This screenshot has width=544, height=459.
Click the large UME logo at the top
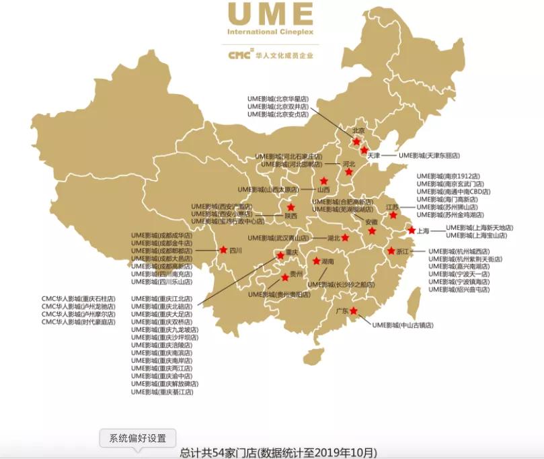270,14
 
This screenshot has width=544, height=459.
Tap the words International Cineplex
270,32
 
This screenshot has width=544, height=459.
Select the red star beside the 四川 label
223,250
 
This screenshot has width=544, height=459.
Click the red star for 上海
412,230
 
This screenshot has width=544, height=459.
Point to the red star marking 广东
354,310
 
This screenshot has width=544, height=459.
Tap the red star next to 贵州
285,277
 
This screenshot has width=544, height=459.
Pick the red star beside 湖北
345,237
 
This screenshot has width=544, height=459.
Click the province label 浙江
402,251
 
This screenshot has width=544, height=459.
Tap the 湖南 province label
328,261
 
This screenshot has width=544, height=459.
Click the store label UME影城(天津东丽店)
429,155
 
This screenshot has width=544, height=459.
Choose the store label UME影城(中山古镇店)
403,325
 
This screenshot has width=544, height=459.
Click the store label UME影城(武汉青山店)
278,238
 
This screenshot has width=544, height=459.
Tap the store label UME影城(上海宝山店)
479,235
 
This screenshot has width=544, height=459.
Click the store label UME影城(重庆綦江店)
161,391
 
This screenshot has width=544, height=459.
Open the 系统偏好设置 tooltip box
138,438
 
